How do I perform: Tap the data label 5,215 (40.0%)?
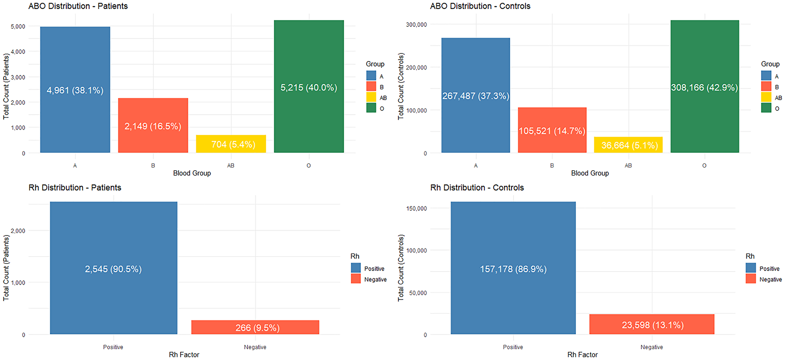click(x=309, y=88)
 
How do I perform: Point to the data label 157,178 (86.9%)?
click(x=513, y=269)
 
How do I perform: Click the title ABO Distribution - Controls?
click(x=480, y=6)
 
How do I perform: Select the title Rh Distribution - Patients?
click(x=75, y=188)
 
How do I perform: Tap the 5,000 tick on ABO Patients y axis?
click(x=18, y=26)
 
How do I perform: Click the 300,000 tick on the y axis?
click(x=416, y=24)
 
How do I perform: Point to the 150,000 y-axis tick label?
click(x=416, y=208)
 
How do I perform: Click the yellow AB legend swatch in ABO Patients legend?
click(x=371, y=97)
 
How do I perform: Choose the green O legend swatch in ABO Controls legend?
click(x=766, y=108)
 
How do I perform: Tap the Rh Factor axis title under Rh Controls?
click(x=582, y=355)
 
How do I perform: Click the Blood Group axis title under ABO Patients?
click(x=192, y=173)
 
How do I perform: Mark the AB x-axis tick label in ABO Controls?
click(x=628, y=166)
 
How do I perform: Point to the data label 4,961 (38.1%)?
click(x=75, y=91)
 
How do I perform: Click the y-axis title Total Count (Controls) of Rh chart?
click(x=401, y=268)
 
